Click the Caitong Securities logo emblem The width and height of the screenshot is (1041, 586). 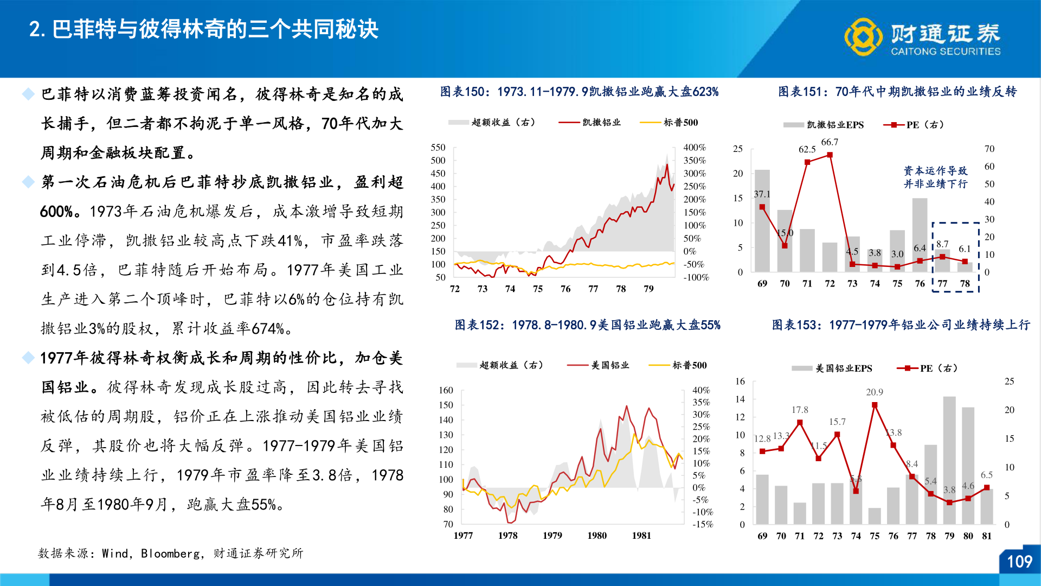click(863, 36)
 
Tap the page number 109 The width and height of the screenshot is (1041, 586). click(1019, 562)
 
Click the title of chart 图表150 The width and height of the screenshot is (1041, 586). click(579, 92)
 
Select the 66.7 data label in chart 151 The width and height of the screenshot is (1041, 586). click(829, 142)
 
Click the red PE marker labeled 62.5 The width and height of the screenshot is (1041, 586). click(807, 162)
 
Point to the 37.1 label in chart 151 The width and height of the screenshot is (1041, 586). click(762, 194)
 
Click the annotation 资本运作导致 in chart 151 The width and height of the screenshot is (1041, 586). click(935, 171)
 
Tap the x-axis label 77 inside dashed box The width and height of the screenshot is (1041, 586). click(942, 284)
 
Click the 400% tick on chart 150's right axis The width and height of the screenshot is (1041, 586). click(695, 148)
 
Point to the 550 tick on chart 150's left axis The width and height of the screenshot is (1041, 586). click(438, 148)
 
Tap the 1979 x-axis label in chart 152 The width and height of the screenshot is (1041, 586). click(552, 536)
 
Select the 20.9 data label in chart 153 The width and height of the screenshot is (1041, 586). click(874, 392)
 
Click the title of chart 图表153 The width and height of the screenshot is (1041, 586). click(901, 325)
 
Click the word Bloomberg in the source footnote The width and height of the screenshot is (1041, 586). click(170, 553)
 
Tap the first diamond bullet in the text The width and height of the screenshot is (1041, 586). click(28, 94)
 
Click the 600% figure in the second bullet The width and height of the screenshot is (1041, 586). click(56, 212)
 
